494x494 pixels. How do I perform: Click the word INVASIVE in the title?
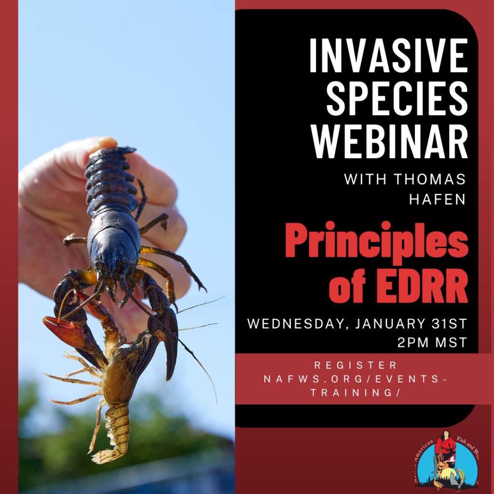pyautogui.click(x=388, y=56)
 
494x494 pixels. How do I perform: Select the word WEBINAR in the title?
pyautogui.click(x=389, y=141)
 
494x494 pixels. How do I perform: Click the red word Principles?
pyautogui.click(x=376, y=244)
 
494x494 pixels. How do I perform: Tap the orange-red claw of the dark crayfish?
pyautogui.click(x=63, y=331)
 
